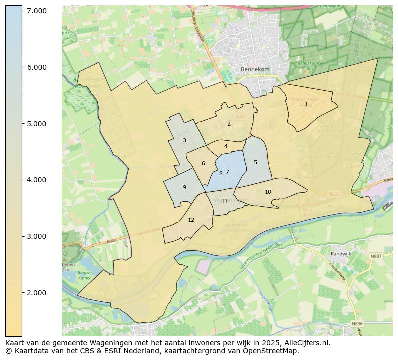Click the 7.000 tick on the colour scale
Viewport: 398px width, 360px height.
point(37,11)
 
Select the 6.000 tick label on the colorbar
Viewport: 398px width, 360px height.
point(37,67)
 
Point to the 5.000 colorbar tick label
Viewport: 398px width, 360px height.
point(37,124)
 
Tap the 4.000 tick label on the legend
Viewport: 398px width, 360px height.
point(37,180)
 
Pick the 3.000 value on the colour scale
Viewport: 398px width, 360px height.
point(37,236)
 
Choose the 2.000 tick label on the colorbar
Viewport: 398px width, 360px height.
point(37,293)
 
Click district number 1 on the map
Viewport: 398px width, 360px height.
point(306,105)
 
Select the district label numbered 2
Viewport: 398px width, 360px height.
point(229,124)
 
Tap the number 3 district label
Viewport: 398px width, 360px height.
point(184,141)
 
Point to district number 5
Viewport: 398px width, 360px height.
point(255,162)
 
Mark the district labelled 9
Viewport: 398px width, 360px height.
point(184,187)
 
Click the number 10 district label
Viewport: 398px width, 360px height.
point(268,192)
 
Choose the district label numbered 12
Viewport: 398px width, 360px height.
point(191,220)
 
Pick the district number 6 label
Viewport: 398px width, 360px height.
point(203,163)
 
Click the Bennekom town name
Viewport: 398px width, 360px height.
point(255,69)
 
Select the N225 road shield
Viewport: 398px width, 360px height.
point(334,194)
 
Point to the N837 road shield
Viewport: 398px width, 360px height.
point(376,256)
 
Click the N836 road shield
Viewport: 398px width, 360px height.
point(357,324)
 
